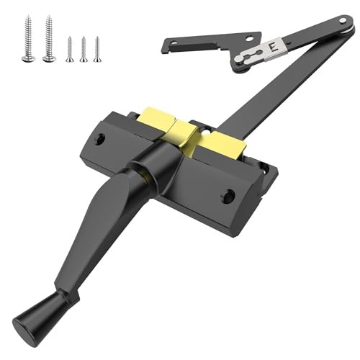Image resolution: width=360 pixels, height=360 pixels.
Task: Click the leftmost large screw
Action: click(x=28, y=40)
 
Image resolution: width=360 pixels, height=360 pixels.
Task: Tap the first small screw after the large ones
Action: click(x=70, y=49)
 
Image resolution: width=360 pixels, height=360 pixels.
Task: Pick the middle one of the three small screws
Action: click(x=84, y=49)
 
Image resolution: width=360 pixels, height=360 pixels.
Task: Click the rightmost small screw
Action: click(x=97, y=48)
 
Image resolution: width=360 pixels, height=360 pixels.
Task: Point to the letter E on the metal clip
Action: click(x=271, y=46)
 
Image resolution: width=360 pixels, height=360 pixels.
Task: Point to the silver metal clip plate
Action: click(x=263, y=50)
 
